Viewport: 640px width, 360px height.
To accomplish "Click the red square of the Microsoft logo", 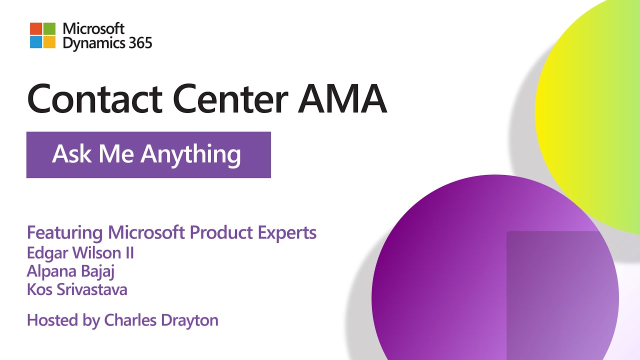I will click(x=36, y=29).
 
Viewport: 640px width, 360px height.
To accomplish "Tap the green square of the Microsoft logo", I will click(x=49, y=29).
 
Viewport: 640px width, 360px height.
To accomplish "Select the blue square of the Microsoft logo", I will click(x=36, y=42).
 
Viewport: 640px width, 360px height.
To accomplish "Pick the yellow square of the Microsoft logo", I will click(x=49, y=42).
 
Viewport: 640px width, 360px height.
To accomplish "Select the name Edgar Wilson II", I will click(x=80, y=253).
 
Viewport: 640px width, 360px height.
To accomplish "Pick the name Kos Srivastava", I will click(x=77, y=289).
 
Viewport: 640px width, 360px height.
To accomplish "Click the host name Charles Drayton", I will click(x=161, y=320).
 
